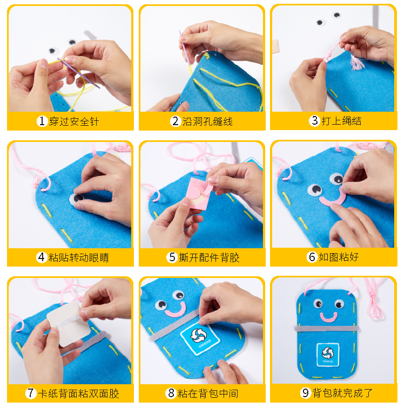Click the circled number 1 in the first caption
42,121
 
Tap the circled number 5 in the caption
172,257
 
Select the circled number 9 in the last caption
306,393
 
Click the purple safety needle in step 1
78,73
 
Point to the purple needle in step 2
184,47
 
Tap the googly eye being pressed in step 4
76,199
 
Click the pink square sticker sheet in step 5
199,193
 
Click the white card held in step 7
69,324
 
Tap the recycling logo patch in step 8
200,338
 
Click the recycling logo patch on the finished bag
328,355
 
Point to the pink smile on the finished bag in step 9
328,318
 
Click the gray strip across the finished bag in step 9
327,329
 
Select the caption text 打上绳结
341,121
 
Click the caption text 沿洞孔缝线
207,121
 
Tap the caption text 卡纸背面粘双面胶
79,393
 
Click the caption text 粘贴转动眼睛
78,257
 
